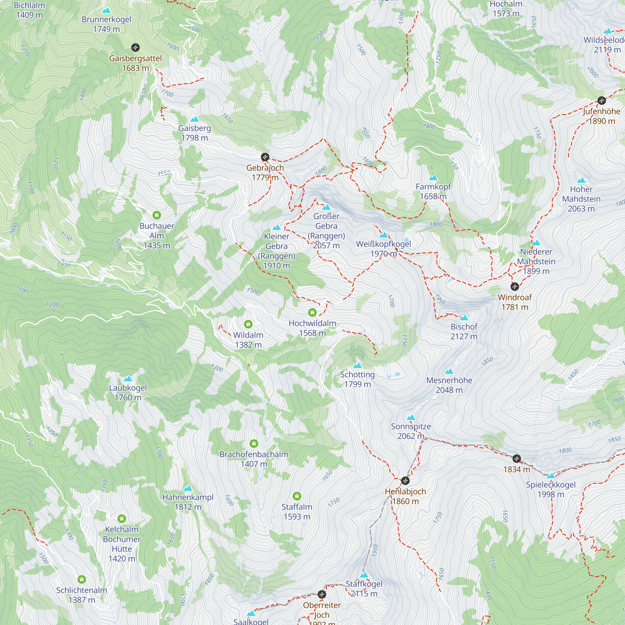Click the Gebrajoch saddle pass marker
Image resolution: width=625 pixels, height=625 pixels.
265,157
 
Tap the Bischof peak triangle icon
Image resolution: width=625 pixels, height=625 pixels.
464,318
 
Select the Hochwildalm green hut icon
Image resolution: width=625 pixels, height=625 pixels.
312,312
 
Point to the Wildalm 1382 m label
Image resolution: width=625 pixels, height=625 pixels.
248,340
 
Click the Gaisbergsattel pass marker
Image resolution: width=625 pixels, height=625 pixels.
135,48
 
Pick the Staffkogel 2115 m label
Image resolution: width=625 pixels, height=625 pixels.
364,588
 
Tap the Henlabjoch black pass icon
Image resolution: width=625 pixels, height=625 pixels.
405,481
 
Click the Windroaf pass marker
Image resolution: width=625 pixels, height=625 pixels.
515,286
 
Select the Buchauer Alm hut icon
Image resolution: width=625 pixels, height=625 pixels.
157,215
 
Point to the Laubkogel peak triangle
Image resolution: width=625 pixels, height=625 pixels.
128,379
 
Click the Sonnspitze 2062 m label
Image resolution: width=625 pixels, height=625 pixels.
411,431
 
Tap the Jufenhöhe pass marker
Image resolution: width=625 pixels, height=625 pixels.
601,101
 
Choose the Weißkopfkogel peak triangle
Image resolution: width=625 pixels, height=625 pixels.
383,235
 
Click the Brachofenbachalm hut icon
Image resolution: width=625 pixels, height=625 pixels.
254,443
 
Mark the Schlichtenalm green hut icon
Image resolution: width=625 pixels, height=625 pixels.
82,579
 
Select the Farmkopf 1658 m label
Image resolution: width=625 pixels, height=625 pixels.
433,191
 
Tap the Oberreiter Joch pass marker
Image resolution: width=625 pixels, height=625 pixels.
322,594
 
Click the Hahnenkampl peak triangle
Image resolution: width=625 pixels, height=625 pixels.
187,488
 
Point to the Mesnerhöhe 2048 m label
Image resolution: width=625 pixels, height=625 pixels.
449,385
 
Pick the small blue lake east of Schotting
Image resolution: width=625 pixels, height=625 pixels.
397,374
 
